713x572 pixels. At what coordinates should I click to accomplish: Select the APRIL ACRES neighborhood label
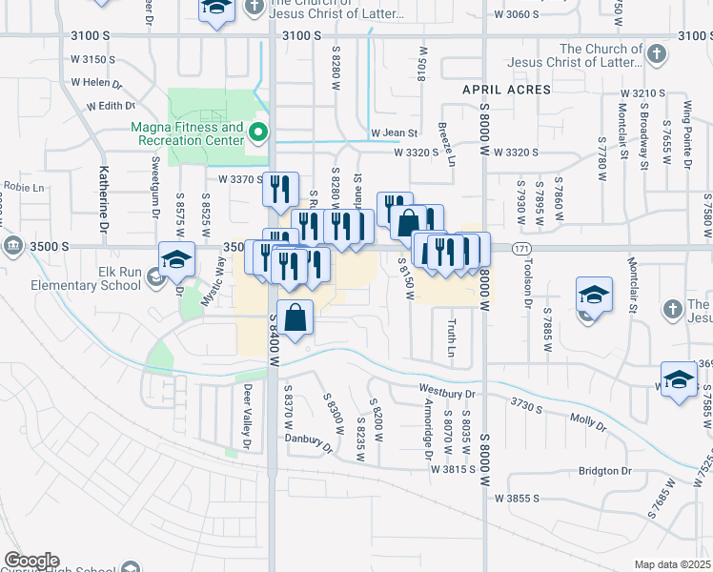(506, 90)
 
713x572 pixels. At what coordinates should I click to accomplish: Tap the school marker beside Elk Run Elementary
(176, 260)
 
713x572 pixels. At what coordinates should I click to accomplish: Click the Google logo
(31, 561)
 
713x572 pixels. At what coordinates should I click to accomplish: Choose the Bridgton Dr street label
(604, 471)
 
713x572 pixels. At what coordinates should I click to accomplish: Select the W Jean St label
(394, 133)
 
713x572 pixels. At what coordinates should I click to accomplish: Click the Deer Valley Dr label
(246, 416)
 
